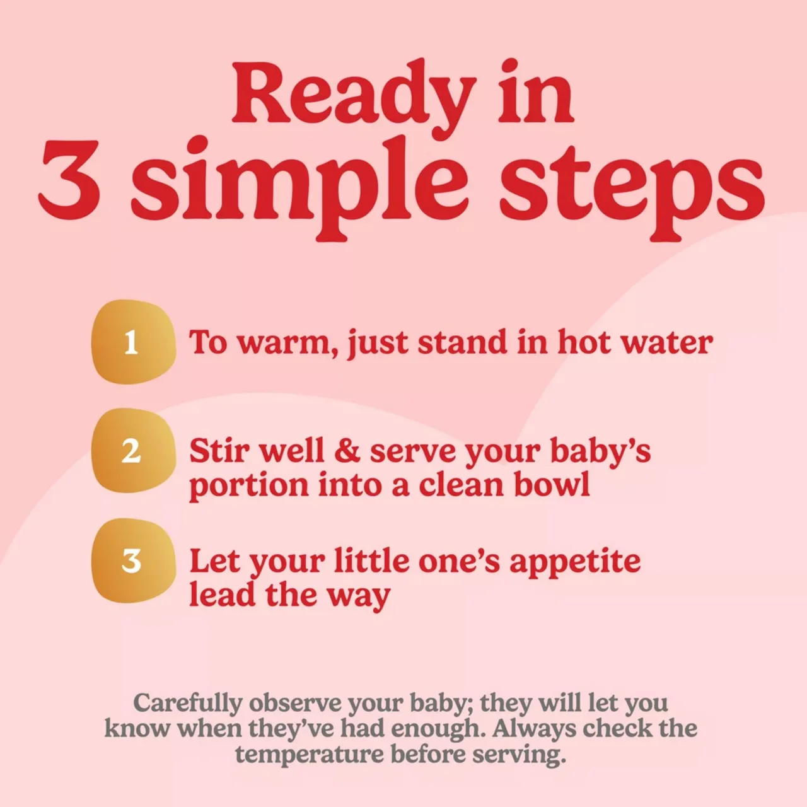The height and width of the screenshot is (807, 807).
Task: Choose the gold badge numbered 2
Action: [133, 451]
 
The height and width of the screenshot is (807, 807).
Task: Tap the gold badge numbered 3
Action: [133, 560]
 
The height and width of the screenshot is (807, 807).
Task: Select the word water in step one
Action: [666, 342]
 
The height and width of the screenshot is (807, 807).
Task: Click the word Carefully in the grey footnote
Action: [188, 703]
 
